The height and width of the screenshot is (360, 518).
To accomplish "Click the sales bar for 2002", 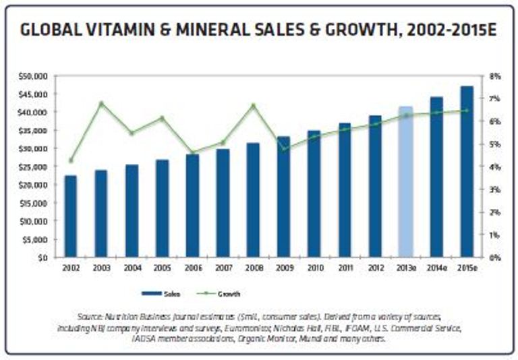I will (70, 216).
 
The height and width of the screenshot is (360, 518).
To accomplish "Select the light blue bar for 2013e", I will (405, 182).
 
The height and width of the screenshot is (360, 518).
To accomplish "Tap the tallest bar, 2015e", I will (466, 172).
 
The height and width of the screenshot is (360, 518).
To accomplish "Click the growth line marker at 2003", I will (101, 103).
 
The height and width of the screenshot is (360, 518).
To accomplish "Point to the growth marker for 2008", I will (253, 105).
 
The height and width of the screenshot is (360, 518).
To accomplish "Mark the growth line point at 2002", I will (70, 160).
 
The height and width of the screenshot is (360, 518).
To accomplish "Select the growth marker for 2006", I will (192, 152).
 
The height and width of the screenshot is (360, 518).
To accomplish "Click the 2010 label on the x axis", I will (314, 268).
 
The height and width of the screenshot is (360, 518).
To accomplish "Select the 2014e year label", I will (436, 268).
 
